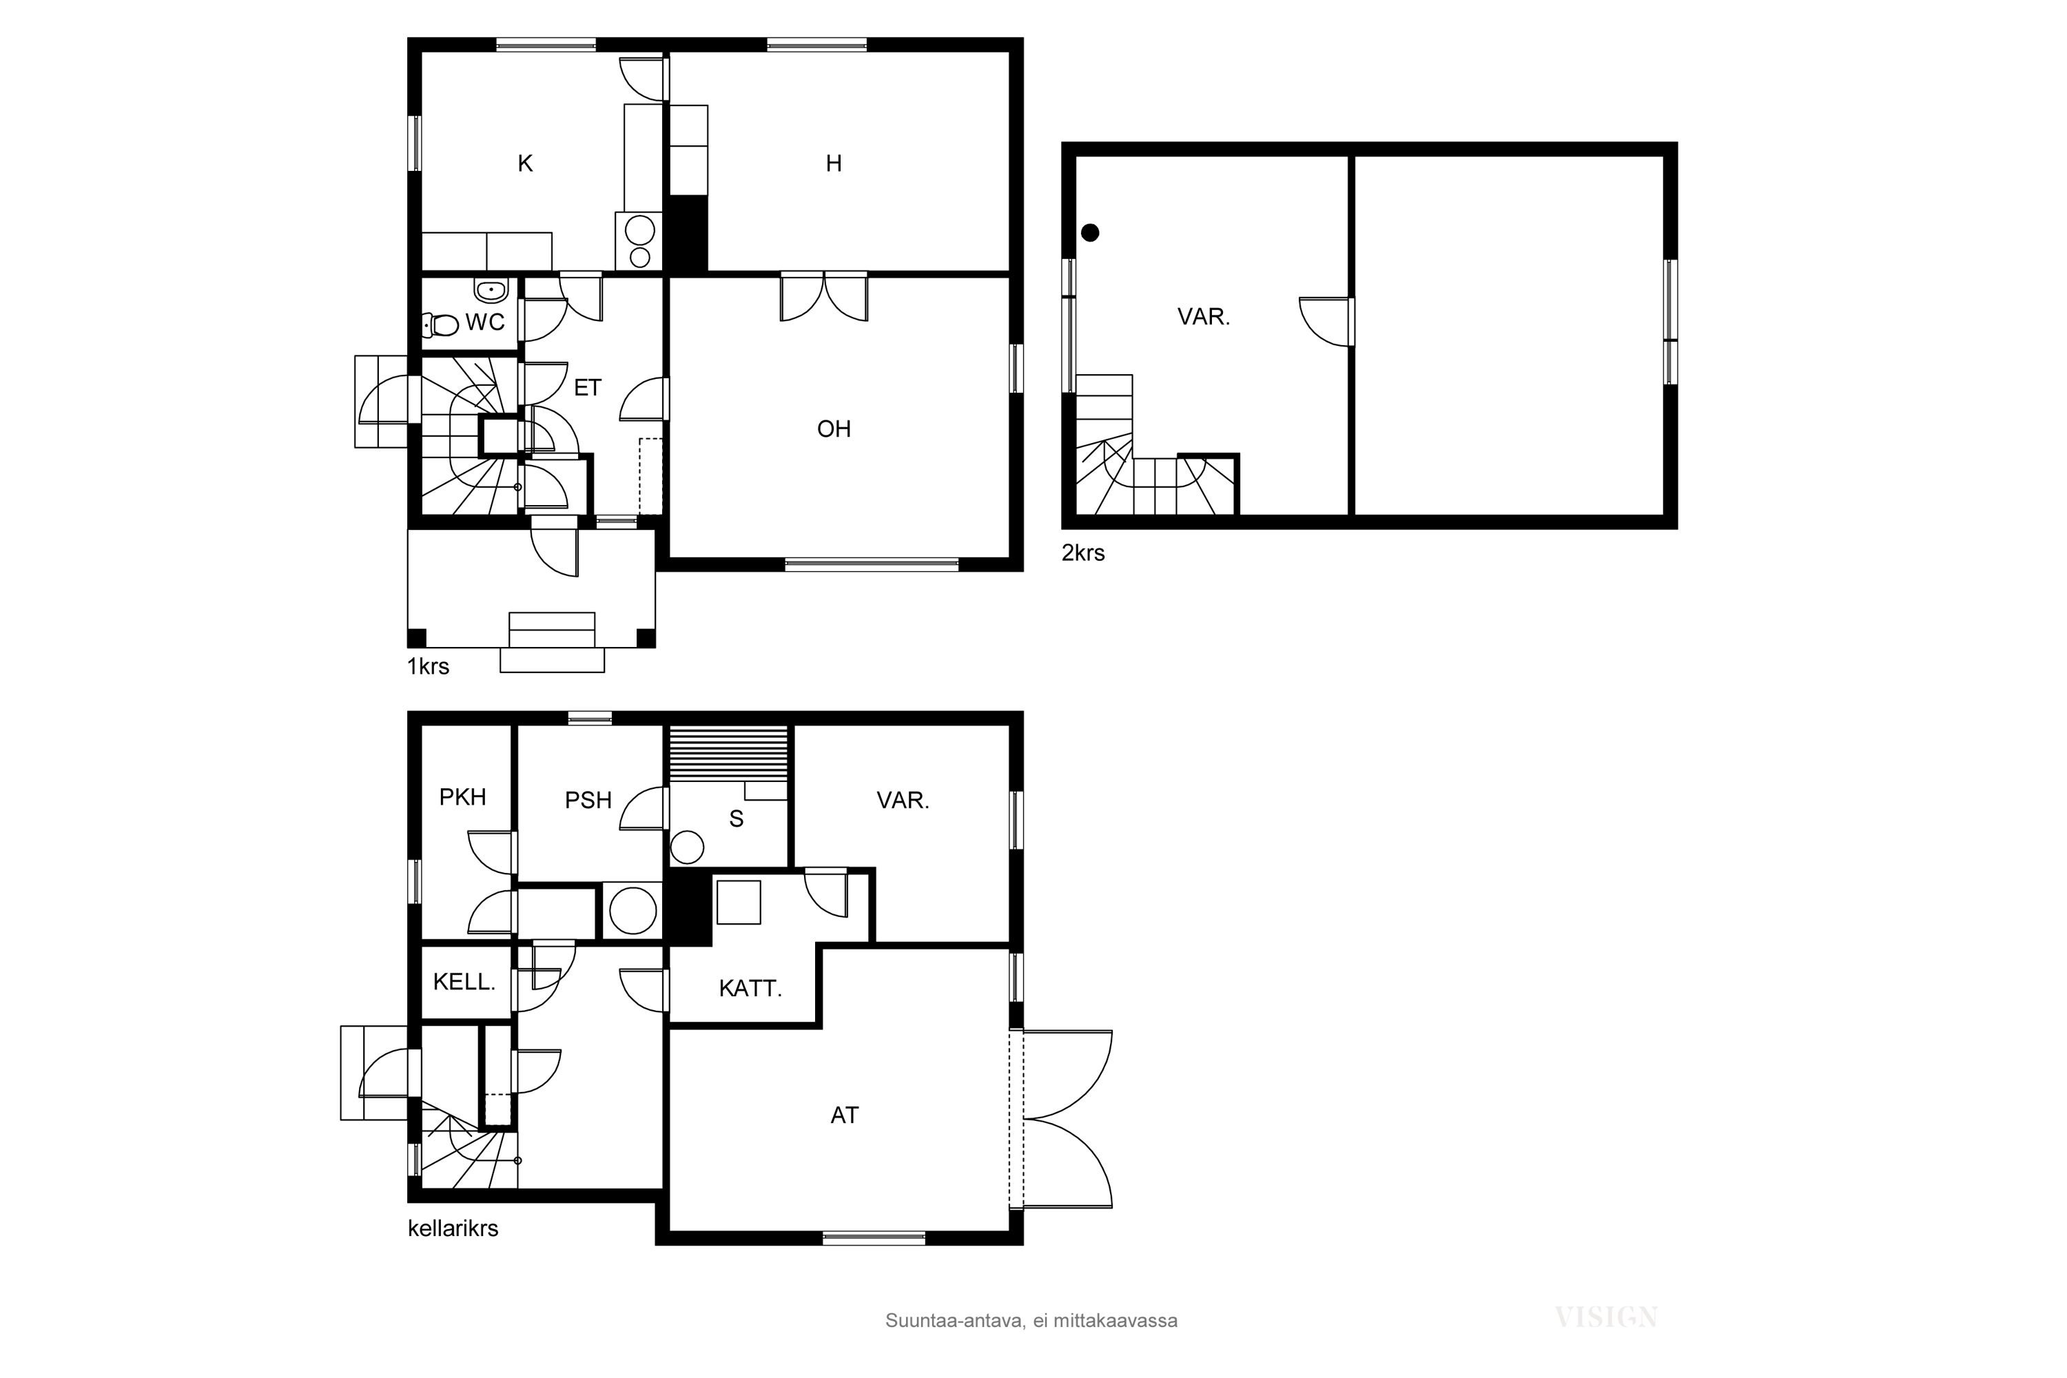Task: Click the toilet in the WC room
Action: [441, 325]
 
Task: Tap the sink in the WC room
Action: [491, 289]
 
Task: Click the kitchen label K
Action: [526, 163]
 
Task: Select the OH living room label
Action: [834, 429]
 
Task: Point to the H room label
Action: [834, 163]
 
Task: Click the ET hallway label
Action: [587, 387]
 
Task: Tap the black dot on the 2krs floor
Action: [1090, 233]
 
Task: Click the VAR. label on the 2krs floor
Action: [1203, 317]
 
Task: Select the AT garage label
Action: [845, 1115]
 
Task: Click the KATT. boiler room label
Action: [750, 989]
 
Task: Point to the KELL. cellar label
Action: [464, 982]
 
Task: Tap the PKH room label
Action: [462, 797]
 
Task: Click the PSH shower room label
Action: [588, 801]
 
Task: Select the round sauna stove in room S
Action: [687, 848]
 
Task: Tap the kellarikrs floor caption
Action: [453, 1228]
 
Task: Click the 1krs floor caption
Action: [428, 666]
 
